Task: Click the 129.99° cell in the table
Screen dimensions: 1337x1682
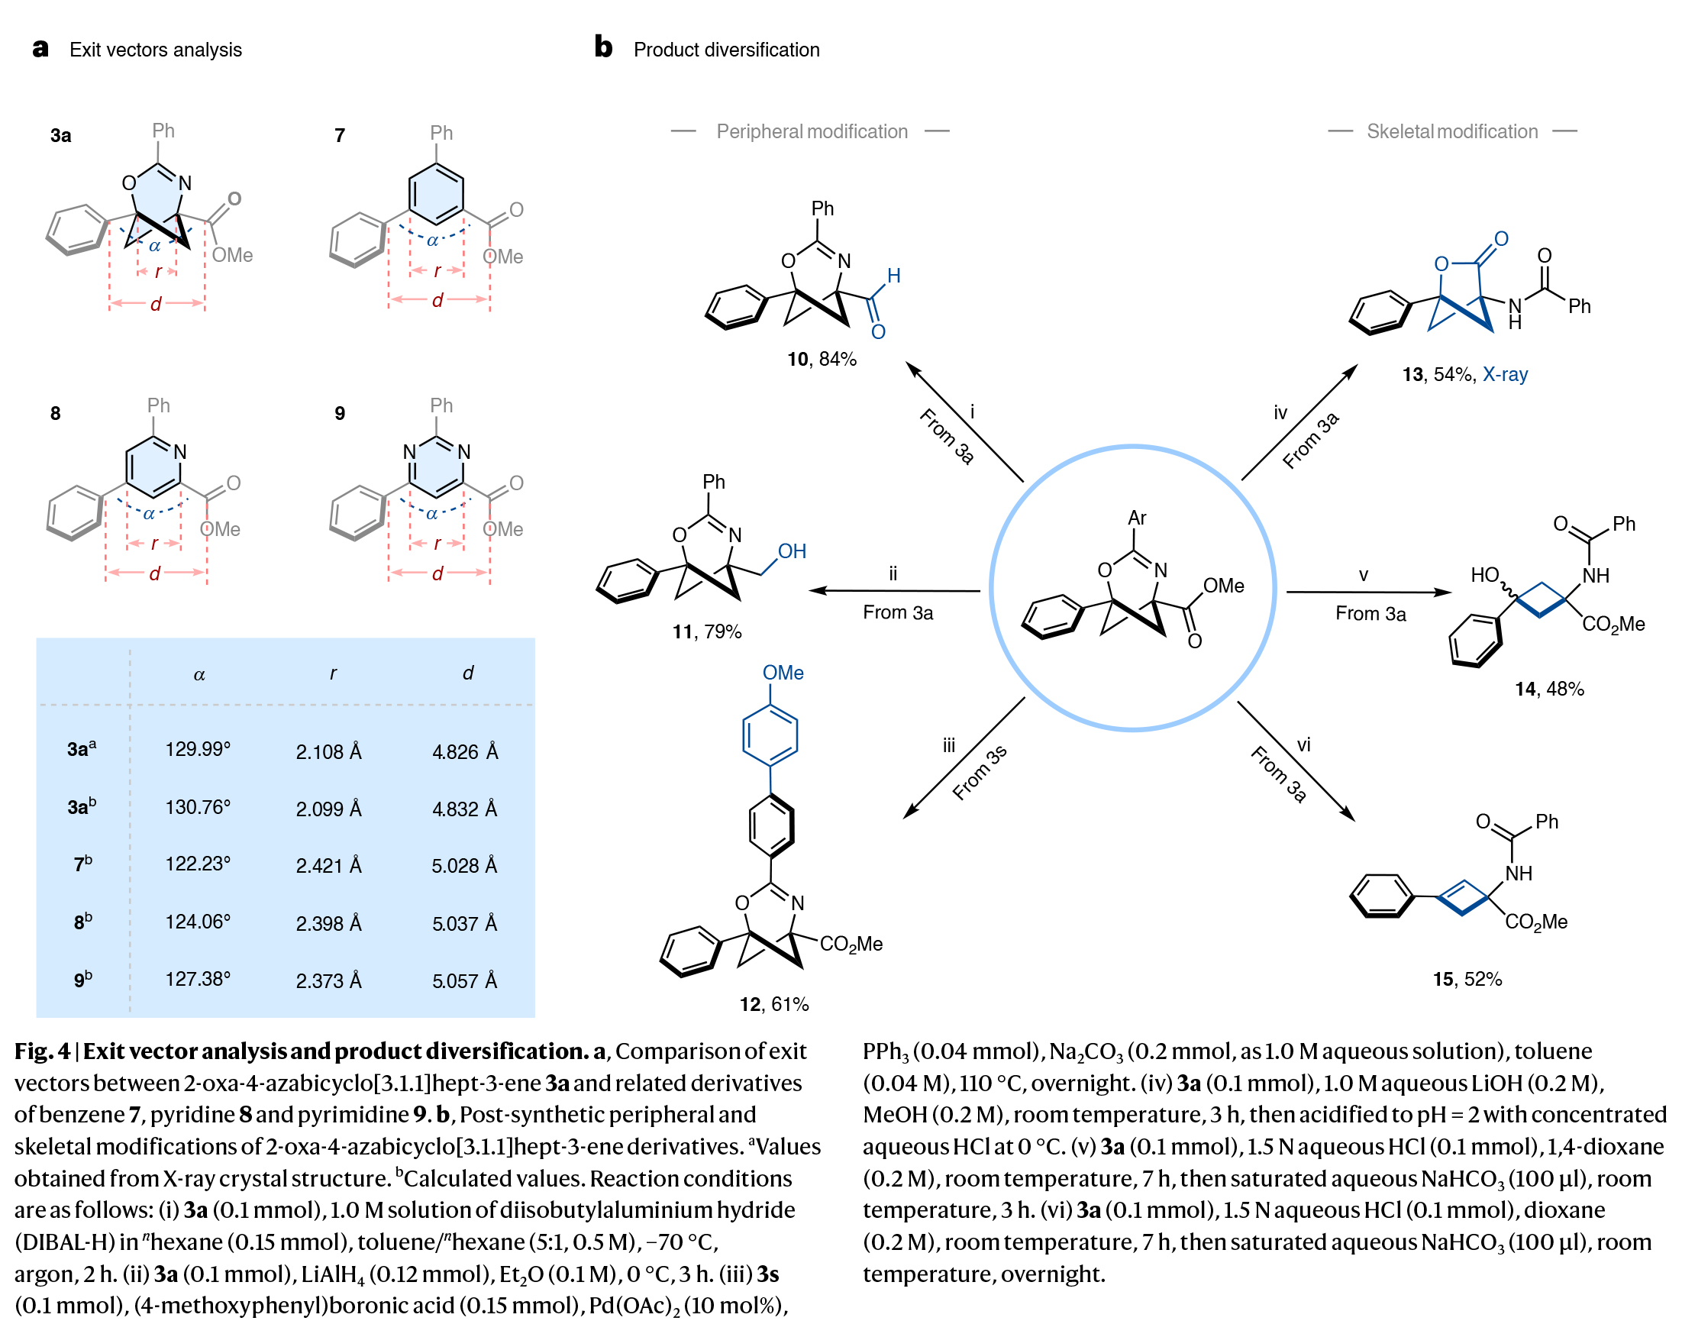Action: tap(198, 749)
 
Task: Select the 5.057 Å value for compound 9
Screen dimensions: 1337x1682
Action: tap(464, 980)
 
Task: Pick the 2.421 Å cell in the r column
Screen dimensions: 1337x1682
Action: tap(328, 866)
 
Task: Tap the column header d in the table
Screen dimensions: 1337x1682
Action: tap(467, 673)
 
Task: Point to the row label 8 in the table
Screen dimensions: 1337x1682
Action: tap(82, 922)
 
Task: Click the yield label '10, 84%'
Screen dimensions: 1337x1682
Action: tap(822, 359)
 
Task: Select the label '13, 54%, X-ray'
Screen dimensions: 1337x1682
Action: tap(1464, 374)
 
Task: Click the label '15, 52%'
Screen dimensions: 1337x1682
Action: tap(1467, 979)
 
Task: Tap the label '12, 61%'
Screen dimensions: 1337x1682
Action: tap(774, 1004)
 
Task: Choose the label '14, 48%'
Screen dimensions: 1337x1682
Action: tap(1548, 689)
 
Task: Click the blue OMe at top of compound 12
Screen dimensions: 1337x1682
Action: tap(783, 673)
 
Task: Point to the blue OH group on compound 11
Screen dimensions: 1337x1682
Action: tap(792, 551)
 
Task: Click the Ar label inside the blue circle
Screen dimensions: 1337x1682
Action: tap(1137, 518)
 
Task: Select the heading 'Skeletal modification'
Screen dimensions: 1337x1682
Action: tap(1452, 132)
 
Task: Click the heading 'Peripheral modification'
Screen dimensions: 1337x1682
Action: tap(812, 132)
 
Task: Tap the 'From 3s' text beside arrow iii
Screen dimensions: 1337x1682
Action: tap(980, 773)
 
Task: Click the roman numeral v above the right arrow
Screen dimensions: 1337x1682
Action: tap(1363, 576)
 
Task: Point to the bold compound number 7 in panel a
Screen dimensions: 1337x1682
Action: tap(339, 136)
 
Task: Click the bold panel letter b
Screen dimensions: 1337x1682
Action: tap(603, 47)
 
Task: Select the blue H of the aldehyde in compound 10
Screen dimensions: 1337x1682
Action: tap(894, 276)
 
